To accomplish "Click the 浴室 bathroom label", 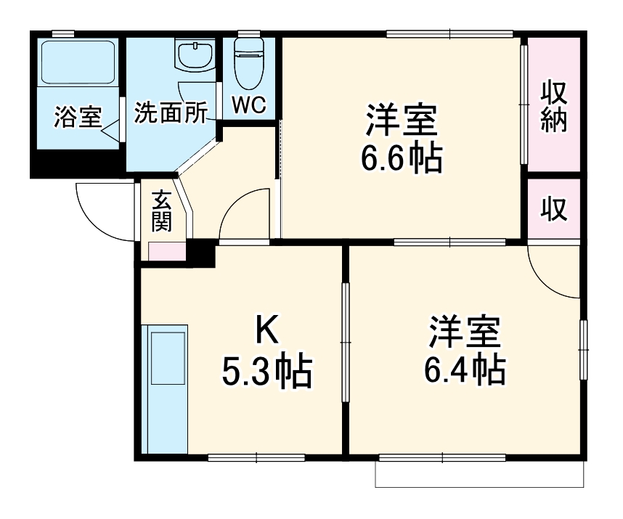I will click(77, 117).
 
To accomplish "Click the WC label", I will click(249, 105).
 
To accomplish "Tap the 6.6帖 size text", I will click(402, 159).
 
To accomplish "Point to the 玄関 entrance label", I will click(161, 210).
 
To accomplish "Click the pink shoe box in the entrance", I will click(166, 250).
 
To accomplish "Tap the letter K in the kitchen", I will click(266, 332).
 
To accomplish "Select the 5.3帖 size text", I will click(266, 372).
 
